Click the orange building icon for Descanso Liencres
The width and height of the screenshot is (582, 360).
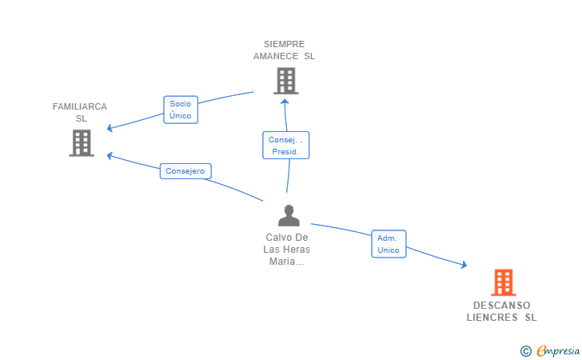click(504, 282)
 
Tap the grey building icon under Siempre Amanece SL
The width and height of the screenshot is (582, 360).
click(286, 81)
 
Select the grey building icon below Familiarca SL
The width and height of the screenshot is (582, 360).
click(82, 143)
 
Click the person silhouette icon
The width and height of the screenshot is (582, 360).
click(289, 215)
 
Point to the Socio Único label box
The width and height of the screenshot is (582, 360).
click(181, 110)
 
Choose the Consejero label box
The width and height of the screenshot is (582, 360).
click(185, 171)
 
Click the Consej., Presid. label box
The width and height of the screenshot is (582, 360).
click(286, 146)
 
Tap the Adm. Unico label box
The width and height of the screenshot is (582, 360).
click(389, 244)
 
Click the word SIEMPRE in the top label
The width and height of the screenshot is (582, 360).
click(285, 44)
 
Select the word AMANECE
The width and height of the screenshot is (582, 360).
click(276, 56)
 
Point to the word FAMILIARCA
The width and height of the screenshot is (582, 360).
click(80, 106)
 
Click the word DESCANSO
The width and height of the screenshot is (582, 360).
click(502, 306)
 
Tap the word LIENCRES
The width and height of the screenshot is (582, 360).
click(492, 318)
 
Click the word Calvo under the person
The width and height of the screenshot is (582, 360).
click(277, 238)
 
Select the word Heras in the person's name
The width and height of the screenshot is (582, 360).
click(298, 250)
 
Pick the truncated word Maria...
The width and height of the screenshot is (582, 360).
click(286, 261)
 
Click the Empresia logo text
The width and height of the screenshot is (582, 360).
click(558, 350)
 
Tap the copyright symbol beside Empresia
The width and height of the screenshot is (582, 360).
click(525, 351)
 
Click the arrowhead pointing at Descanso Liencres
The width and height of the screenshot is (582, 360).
click(464, 265)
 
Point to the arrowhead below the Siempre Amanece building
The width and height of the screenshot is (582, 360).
click(285, 102)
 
